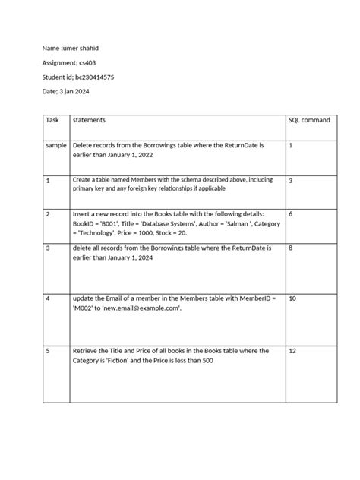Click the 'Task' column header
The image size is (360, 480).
click(52, 121)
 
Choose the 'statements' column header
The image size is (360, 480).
click(89, 121)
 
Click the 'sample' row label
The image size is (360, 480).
click(56, 144)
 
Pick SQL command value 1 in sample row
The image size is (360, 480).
click(291, 144)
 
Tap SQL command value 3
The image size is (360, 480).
click(292, 182)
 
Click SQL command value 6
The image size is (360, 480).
click(292, 215)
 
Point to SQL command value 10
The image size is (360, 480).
click(293, 298)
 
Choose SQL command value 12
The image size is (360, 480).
click(293, 351)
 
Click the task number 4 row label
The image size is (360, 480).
click(48, 298)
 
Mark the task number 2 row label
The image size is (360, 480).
click(48, 215)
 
